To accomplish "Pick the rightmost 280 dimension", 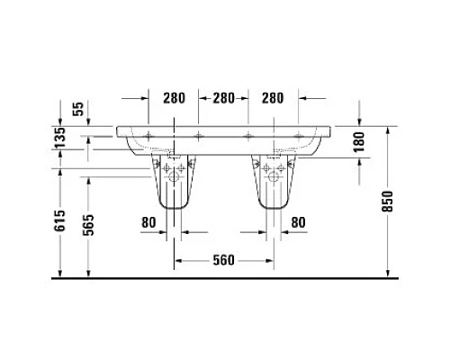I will pyautogui.click(x=274, y=96).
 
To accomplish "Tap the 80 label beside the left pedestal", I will pyautogui.click(x=149, y=221).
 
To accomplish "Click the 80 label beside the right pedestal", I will pyautogui.click(x=298, y=221).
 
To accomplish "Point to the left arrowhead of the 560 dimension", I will pyautogui.click(x=178, y=261).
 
